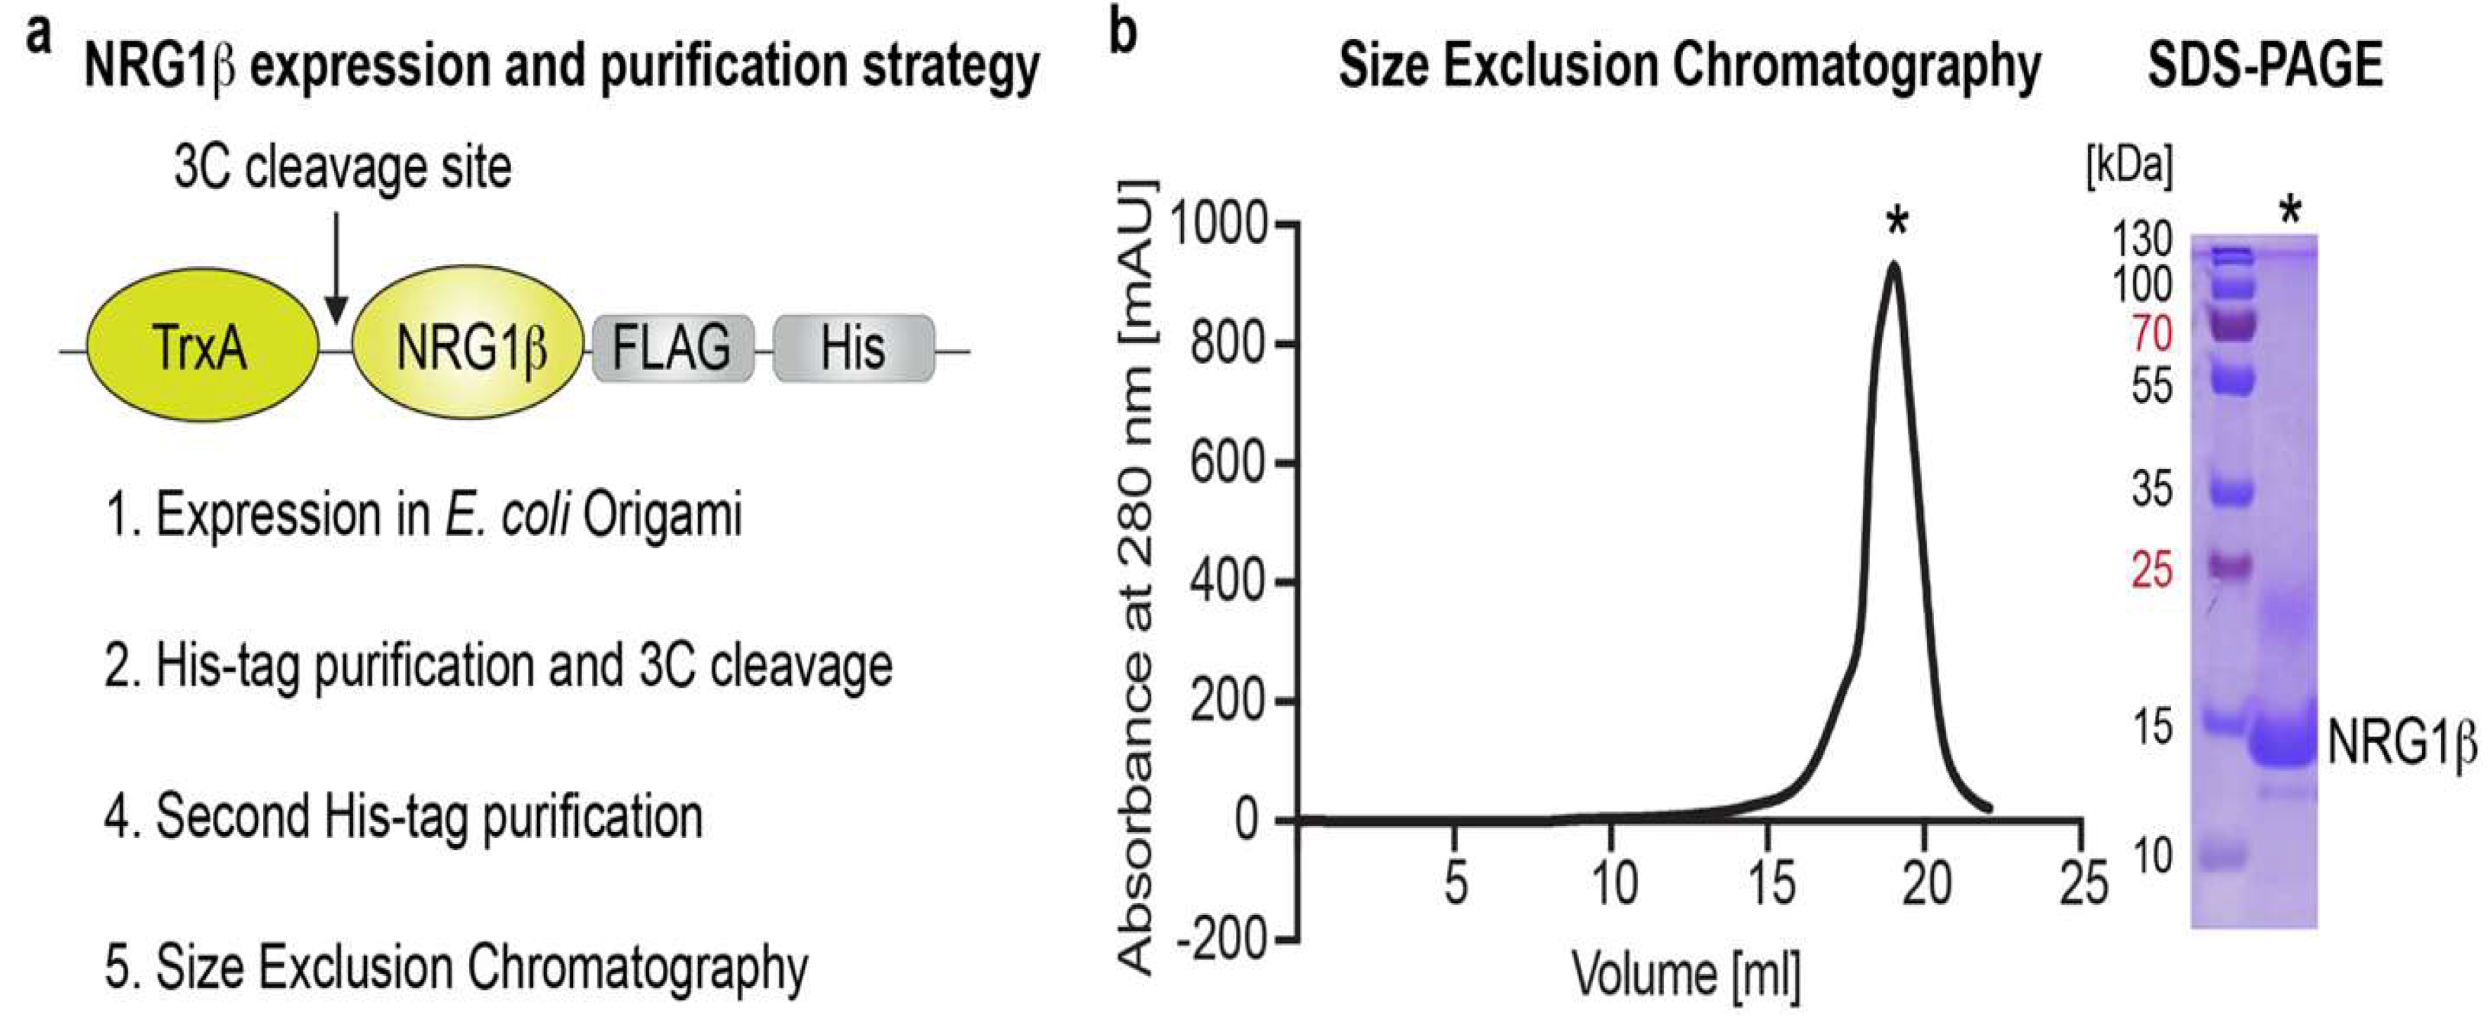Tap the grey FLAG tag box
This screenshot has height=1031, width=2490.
672,348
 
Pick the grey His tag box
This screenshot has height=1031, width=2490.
853,348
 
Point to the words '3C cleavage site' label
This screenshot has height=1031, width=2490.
343,168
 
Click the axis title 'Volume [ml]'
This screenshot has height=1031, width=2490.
1686,973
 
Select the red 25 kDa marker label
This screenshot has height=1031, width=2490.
2152,571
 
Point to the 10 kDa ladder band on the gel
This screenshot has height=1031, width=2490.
2223,854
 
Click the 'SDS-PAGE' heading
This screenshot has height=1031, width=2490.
2265,66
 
